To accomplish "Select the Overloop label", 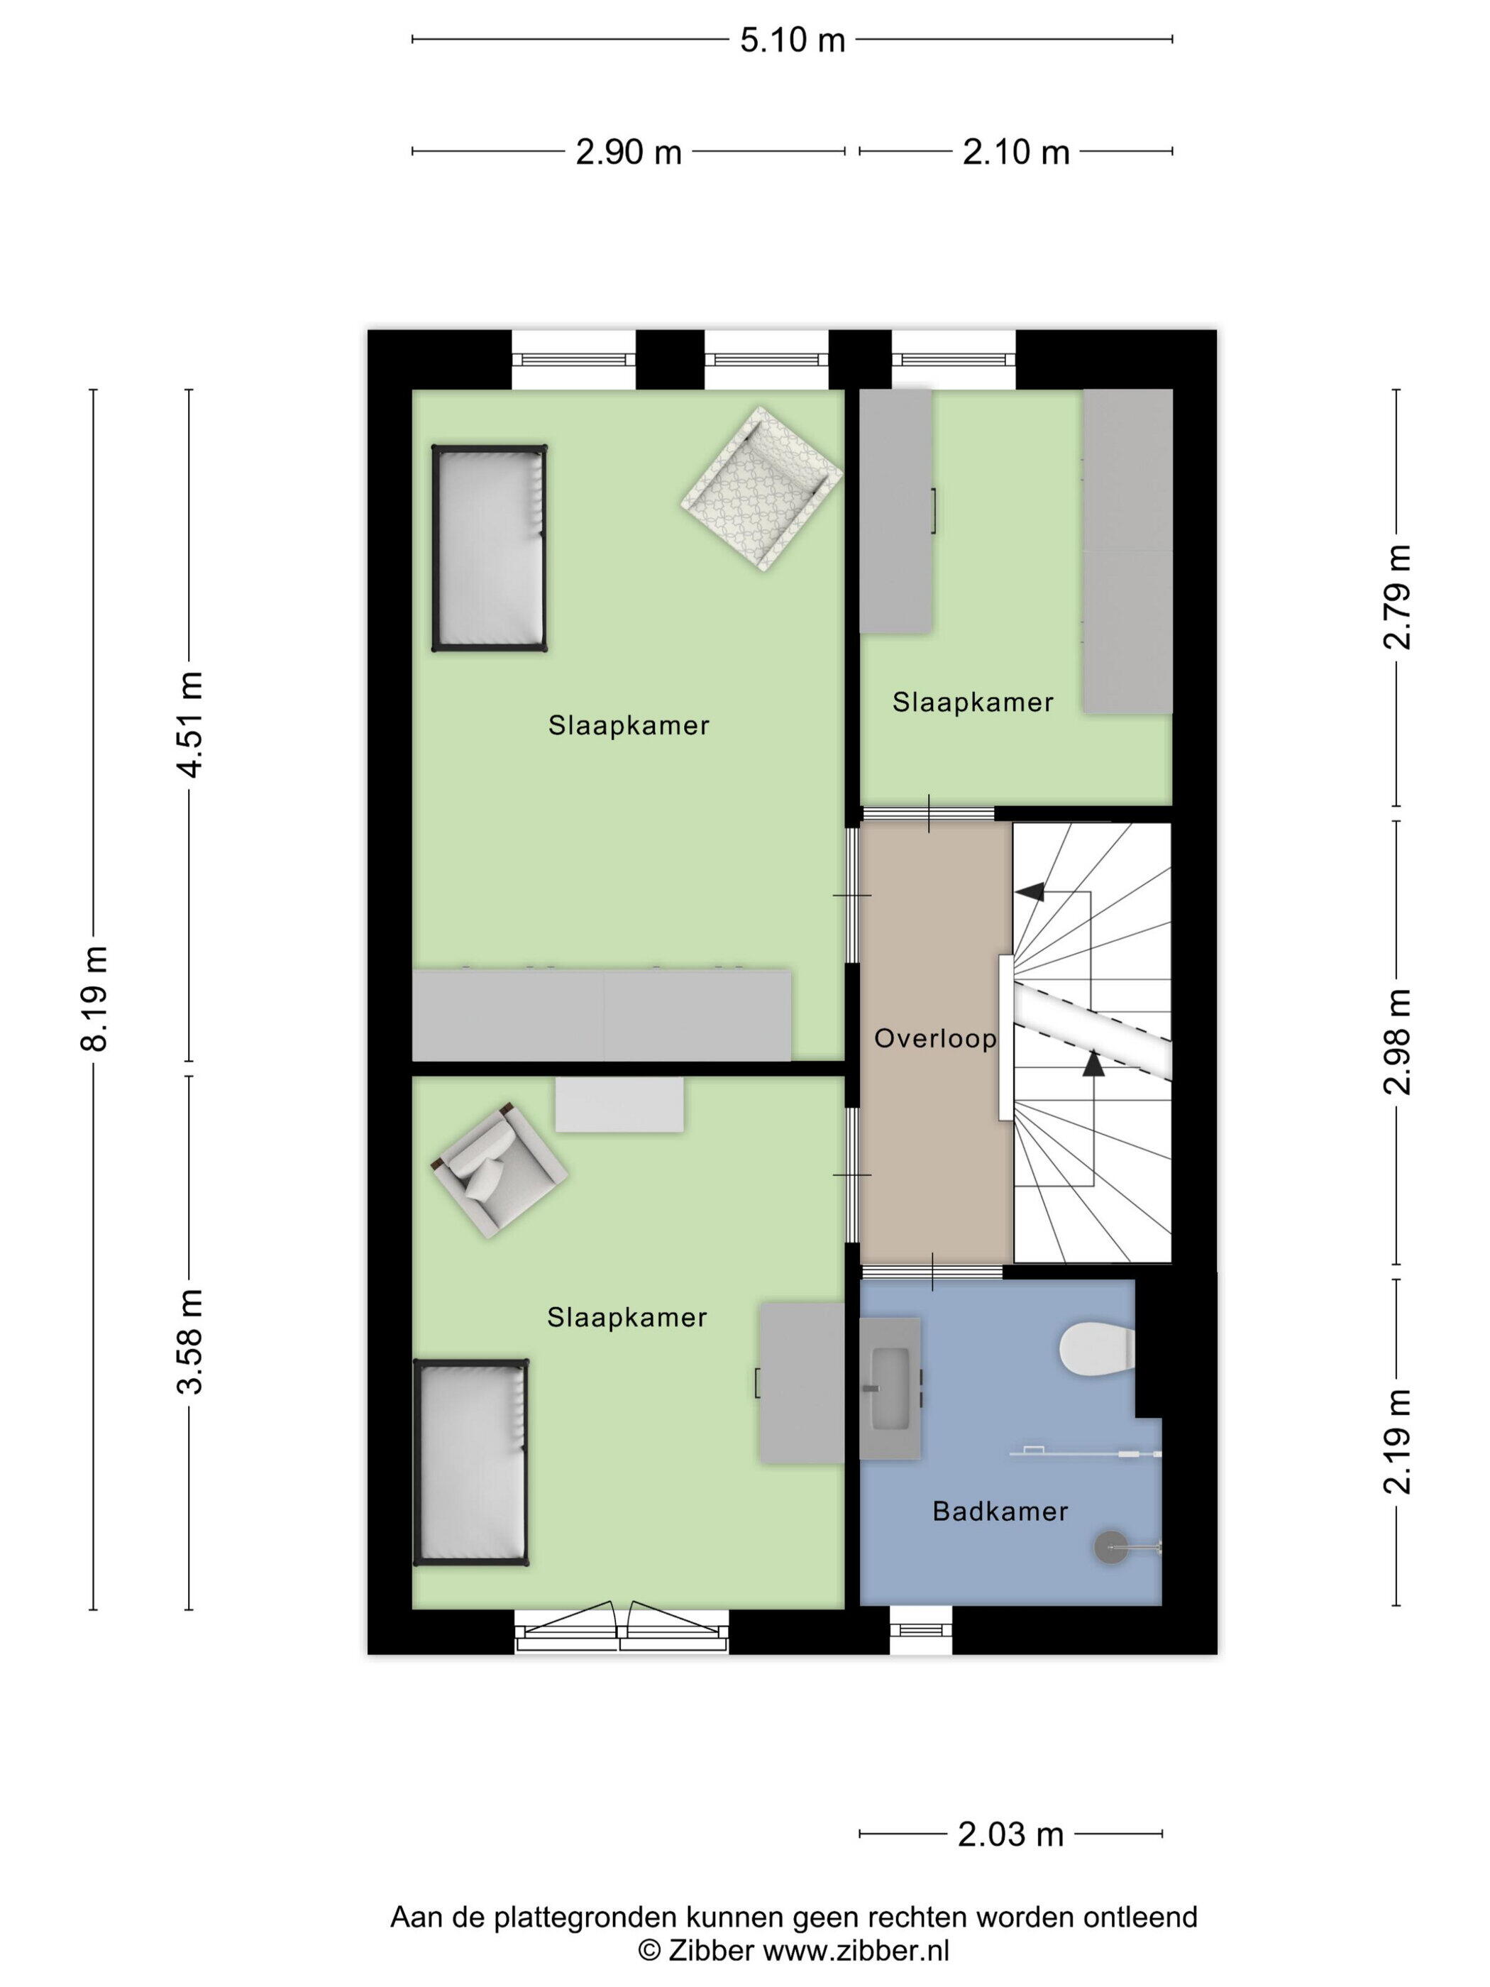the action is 935,1040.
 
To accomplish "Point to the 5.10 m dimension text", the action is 792,40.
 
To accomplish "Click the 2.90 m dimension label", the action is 629,152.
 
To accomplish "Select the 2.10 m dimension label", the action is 1016,152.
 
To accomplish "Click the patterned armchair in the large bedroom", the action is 761,489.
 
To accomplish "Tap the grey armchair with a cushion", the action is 499,1169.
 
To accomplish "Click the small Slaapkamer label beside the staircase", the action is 973,703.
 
